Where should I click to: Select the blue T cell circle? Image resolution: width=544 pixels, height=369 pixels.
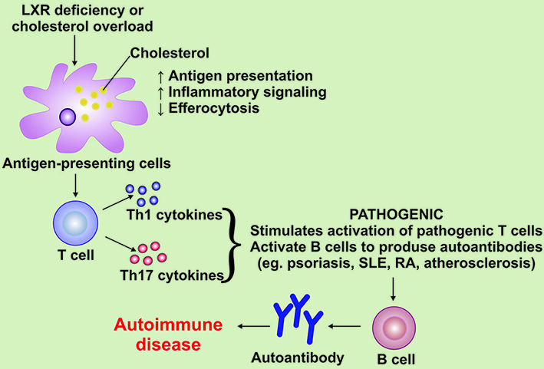click(75, 224)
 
